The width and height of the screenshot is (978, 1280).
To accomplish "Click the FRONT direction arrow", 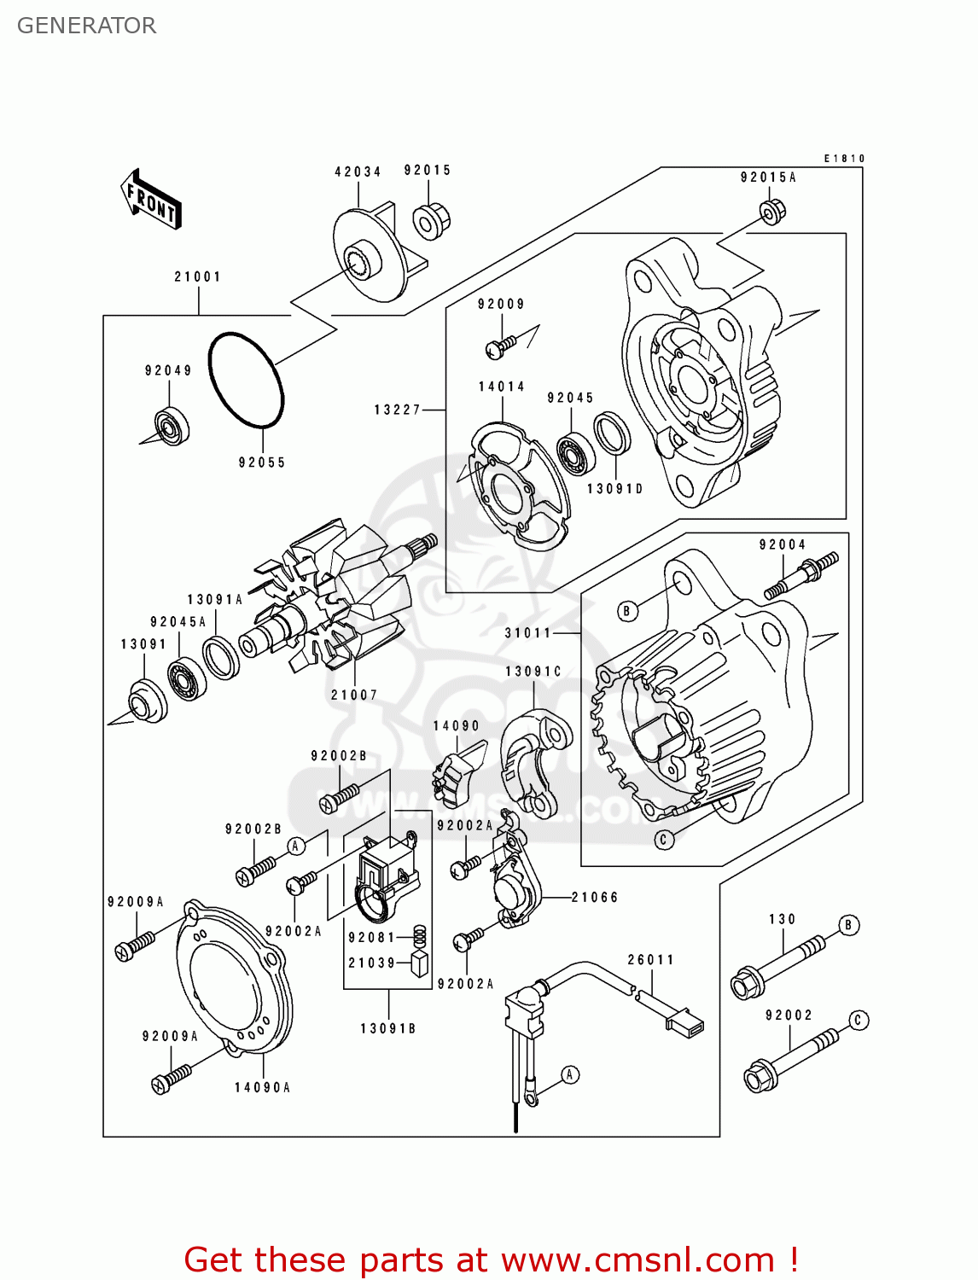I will point(152,199).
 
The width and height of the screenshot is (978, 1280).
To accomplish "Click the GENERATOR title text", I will point(86,26).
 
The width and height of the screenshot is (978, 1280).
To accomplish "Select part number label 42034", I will point(358,172).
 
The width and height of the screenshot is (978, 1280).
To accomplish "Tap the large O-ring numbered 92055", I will point(246,380).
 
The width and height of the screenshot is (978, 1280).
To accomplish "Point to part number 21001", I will point(198,277).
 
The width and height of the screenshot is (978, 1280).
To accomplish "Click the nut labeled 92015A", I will point(771,212).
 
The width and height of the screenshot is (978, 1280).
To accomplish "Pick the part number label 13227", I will point(398,410).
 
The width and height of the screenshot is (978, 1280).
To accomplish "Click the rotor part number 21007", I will point(354,695).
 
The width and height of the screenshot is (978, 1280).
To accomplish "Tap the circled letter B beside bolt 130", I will point(847,925).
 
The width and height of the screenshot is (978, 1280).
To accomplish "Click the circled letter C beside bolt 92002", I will point(859,1021).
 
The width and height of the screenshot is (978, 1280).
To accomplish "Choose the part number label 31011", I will point(528,633).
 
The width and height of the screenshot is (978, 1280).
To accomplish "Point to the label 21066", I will point(595,898).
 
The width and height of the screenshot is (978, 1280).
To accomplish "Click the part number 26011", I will point(650,960).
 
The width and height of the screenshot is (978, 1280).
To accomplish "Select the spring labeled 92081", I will point(419,936).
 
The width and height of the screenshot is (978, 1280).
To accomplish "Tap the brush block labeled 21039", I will point(419,963).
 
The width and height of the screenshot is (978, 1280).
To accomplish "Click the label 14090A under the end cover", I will point(263,1088).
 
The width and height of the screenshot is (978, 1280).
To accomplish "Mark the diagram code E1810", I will point(844,159).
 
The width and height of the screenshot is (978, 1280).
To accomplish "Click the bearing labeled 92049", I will point(172,426).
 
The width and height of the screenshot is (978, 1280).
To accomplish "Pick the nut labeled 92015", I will point(432,221).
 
